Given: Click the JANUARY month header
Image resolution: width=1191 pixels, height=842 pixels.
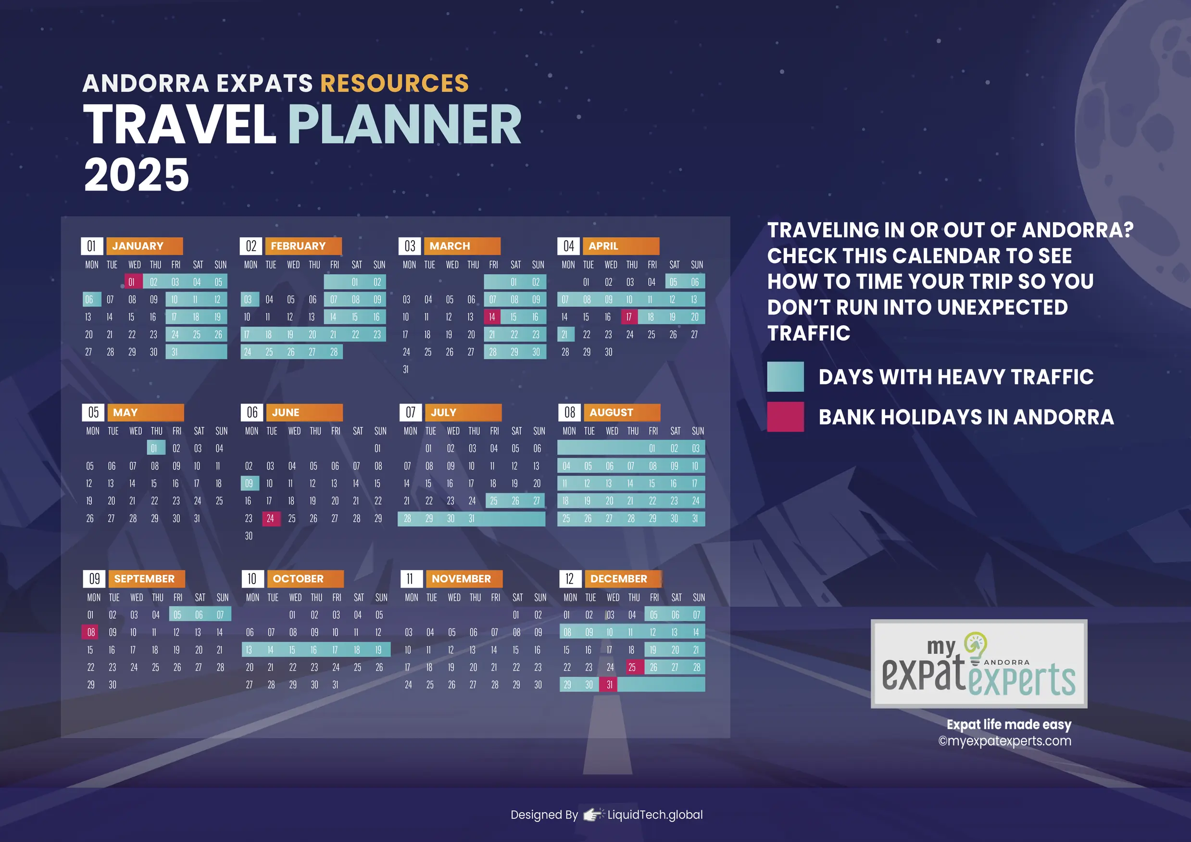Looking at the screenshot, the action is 144,246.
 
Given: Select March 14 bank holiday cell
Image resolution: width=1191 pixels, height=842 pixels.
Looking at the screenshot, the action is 492,317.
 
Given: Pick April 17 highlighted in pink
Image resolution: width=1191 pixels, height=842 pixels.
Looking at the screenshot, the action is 629,317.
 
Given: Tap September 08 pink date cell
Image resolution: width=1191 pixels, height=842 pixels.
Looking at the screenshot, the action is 91,632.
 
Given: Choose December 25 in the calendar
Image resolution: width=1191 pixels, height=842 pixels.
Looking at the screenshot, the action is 632,667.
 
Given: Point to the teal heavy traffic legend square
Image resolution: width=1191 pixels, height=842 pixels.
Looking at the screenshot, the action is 785,376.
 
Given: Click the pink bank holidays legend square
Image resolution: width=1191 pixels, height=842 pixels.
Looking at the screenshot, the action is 785,416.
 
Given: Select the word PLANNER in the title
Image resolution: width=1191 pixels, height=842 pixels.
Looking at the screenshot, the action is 404,125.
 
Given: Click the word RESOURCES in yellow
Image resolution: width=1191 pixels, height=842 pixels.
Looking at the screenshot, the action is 394,83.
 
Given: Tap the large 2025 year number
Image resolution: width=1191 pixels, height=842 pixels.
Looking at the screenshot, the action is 137,175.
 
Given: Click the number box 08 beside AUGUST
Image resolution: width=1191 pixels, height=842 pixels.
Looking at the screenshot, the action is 570,412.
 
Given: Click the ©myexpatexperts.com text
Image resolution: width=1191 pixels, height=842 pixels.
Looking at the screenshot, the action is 1004,741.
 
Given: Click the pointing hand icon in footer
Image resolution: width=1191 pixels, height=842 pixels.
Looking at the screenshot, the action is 592,815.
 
